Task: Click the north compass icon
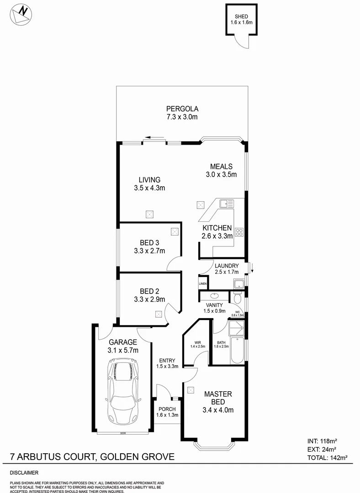click(21, 14)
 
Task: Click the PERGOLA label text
click(182, 109)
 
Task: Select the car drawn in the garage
click(123, 391)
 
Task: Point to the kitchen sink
click(226, 204)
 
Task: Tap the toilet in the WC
click(237, 298)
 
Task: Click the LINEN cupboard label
click(203, 283)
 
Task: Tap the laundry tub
click(238, 284)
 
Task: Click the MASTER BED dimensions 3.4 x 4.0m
click(218, 410)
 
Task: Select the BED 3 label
click(149, 242)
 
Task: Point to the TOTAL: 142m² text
click(327, 457)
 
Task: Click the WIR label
click(197, 342)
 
